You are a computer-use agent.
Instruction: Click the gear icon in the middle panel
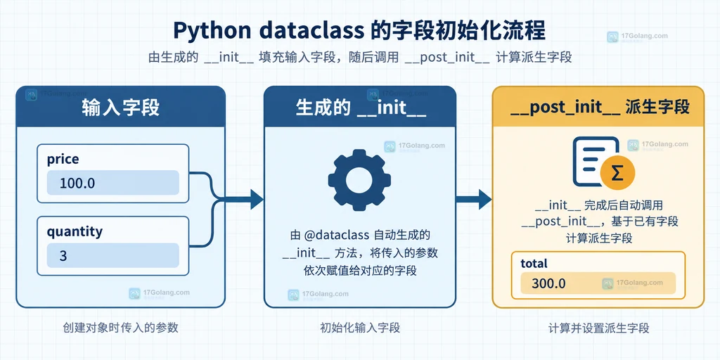tap(359, 179)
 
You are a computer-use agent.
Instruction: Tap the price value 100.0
tap(77, 184)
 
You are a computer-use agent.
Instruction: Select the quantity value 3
tap(63, 256)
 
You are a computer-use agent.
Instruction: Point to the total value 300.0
tap(548, 283)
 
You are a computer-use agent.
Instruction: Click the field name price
tap(63, 160)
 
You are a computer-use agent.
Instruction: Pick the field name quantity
tap(75, 232)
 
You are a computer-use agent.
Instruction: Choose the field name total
tap(534, 264)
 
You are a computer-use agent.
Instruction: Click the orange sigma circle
tap(617, 174)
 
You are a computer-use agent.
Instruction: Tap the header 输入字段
tap(121, 108)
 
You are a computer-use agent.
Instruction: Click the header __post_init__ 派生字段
tap(598, 108)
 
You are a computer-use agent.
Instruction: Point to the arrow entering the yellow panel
tap(473, 199)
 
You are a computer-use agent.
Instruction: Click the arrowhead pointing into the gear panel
tap(257, 199)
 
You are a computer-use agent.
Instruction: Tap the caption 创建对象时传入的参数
tap(120, 328)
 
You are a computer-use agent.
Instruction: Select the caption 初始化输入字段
tap(360, 328)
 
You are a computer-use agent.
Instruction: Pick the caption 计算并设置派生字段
tap(599, 328)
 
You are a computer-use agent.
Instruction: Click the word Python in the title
tap(211, 31)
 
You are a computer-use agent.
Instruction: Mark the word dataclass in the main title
tap(310, 30)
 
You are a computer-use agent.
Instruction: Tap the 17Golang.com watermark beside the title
tap(637, 37)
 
